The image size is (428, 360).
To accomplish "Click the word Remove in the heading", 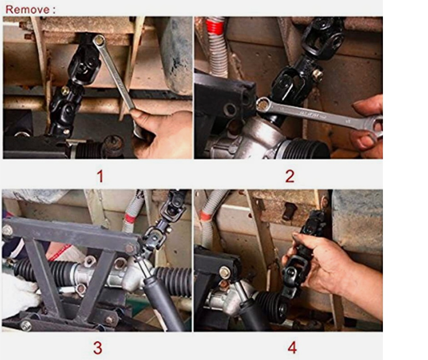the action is click(x=27, y=9).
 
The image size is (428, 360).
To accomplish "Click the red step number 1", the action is click(x=100, y=176).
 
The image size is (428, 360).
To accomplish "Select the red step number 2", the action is click(x=290, y=176).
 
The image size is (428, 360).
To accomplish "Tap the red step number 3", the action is click(x=98, y=348).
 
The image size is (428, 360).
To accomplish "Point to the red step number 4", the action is click(x=292, y=348).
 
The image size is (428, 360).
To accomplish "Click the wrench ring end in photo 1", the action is click(x=99, y=41).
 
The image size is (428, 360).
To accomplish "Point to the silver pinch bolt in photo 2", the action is click(x=317, y=73).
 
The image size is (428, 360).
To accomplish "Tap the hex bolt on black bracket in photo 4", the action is click(x=224, y=271).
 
